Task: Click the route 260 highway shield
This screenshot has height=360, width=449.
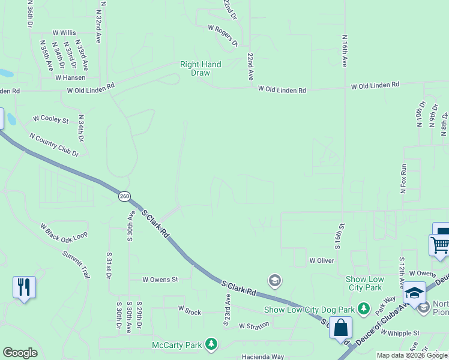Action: pos(124,196)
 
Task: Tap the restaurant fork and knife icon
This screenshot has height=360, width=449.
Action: pos(24,287)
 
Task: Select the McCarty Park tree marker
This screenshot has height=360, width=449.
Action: pos(211,344)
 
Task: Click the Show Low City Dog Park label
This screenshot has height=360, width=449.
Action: pos(310,310)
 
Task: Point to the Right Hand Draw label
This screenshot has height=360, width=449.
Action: pos(201,68)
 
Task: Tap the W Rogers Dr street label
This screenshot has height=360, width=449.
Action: pos(223,35)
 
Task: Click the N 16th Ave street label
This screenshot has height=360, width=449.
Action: pos(345,51)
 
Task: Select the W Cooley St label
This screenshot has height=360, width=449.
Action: pos(51,120)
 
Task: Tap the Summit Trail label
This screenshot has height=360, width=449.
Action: pos(76,264)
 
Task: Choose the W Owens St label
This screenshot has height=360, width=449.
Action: pos(160,280)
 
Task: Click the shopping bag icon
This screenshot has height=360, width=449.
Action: pos(340,328)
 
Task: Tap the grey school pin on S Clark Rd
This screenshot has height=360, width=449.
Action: pos(275,280)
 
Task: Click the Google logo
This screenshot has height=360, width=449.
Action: pos(20,353)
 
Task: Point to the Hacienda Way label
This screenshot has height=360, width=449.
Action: pos(261,356)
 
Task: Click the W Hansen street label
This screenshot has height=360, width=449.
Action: pos(70,77)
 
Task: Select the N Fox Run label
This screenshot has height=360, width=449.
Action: pos(404,178)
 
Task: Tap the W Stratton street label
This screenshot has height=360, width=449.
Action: pos(254,326)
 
